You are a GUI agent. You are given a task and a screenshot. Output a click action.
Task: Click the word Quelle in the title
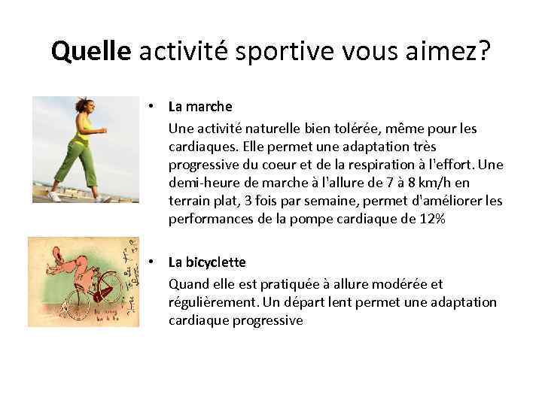pos(90,52)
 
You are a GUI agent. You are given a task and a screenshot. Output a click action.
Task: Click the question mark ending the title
pos(484,52)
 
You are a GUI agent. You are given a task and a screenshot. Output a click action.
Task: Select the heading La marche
pos(200,107)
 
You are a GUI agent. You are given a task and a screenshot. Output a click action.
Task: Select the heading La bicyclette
pos(207,262)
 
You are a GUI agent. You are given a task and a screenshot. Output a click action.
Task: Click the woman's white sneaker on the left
pos(54,195)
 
